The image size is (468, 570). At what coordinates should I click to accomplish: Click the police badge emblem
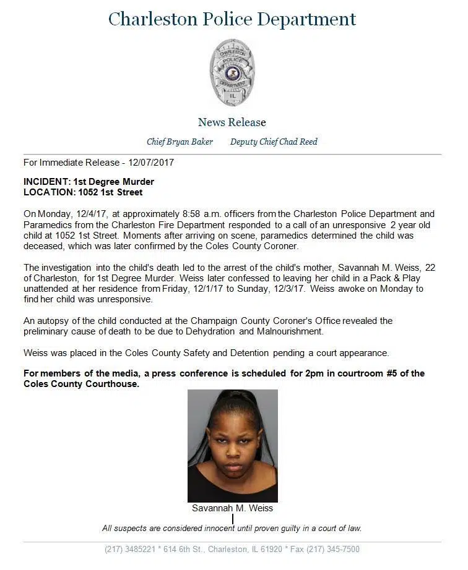pyautogui.click(x=232, y=72)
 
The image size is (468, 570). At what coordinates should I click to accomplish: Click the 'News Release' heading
pyautogui.click(x=232, y=122)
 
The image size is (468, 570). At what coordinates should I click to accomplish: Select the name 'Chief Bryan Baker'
pyautogui.click(x=180, y=142)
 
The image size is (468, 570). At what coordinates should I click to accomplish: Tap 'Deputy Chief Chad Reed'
pyautogui.click(x=274, y=142)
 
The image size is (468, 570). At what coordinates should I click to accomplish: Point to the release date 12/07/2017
pyautogui.click(x=152, y=163)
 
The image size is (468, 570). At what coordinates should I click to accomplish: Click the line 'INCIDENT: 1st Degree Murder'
pyautogui.click(x=89, y=182)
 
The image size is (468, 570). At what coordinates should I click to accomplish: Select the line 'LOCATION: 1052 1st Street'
pyautogui.click(x=83, y=192)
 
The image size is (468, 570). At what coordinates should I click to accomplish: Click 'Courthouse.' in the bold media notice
pyautogui.click(x=115, y=383)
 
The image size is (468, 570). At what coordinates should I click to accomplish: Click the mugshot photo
pyautogui.click(x=233, y=445)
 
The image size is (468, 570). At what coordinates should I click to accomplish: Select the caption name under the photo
pyautogui.click(x=232, y=508)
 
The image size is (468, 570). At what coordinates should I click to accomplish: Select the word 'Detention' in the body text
pyautogui.click(x=246, y=353)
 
